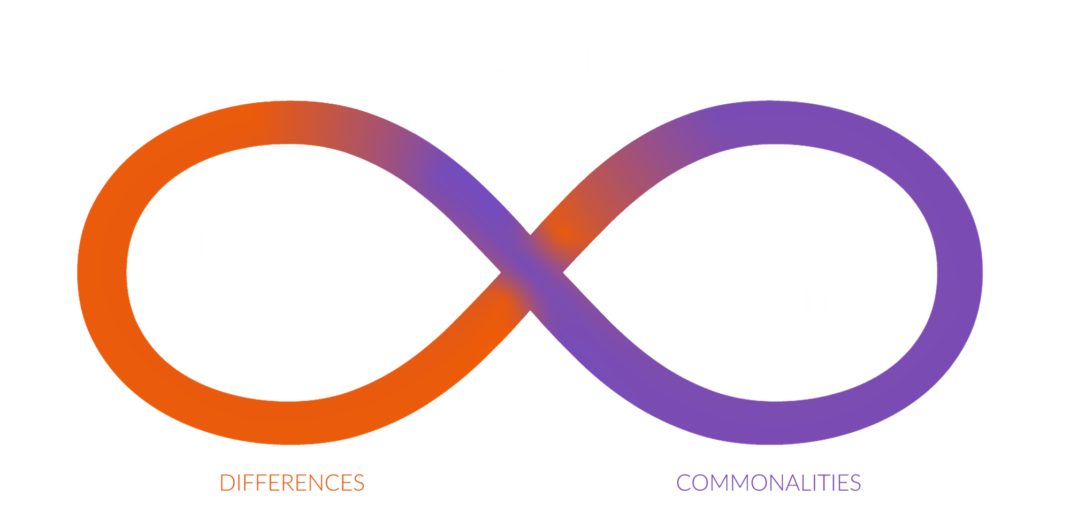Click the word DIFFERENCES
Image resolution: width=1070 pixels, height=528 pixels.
[292, 483]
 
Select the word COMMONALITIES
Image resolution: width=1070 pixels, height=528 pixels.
[768, 483]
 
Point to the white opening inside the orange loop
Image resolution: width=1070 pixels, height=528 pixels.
[289, 272]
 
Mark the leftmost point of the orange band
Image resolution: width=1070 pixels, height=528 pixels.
[78, 273]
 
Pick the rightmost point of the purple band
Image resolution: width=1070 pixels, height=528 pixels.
[982, 273]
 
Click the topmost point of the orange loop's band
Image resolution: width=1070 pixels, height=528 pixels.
[289, 101]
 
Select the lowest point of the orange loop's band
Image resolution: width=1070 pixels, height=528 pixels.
[289, 445]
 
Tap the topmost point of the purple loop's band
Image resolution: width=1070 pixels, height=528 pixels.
[770, 101]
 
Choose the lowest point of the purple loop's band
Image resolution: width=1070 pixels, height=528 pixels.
[770, 445]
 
